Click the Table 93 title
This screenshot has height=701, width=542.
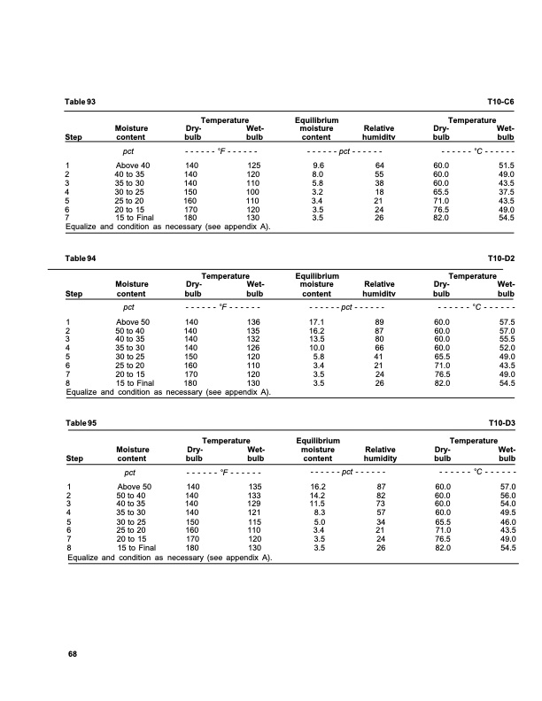point(81,104)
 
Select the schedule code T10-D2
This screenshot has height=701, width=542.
point(501,258)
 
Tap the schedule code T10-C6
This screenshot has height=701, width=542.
point(501,104)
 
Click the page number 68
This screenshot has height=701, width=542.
point(74,653)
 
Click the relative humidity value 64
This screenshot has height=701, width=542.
point(379,166)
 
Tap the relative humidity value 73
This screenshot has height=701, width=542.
point(379,503)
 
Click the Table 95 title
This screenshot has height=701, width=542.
point(81,423)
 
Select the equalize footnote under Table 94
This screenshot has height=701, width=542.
point(168,390)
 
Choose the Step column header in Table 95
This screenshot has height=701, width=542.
point(74,458)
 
